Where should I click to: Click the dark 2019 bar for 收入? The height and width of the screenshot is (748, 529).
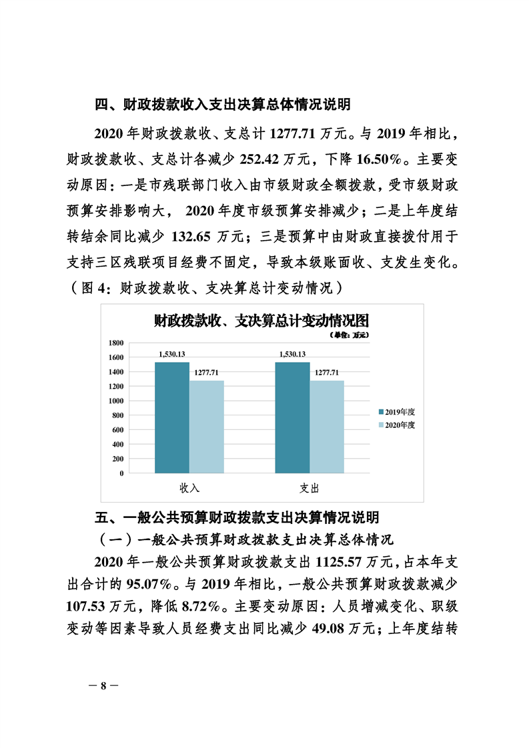tap(171, 417)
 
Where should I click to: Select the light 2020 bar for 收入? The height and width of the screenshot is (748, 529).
tap(206, 427)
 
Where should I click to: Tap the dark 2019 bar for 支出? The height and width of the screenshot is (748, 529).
tap(292, 417)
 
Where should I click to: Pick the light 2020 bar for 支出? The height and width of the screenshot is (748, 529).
tap(327, 427)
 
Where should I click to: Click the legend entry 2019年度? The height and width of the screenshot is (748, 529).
tap(397, 411)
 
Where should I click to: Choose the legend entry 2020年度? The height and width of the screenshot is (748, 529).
tap(397, 425)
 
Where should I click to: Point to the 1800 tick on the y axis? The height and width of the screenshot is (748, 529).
tap(117, 343)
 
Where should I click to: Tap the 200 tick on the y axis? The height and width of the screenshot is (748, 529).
tap(118, 459)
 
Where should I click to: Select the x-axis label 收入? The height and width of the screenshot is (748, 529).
tap(189, 488)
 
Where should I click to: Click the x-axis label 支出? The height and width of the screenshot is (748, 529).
tap(310, 488)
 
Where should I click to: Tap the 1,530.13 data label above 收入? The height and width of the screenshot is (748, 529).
tap(171, 354)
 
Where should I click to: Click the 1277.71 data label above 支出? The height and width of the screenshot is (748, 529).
tap(327, 372)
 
